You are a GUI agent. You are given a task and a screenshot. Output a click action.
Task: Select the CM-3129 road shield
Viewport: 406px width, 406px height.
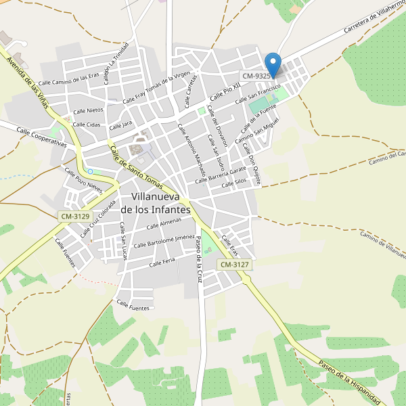74,216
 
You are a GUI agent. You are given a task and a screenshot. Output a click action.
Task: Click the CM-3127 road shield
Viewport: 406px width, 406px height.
235,265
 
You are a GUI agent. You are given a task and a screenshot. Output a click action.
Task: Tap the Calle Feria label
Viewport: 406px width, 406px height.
162,261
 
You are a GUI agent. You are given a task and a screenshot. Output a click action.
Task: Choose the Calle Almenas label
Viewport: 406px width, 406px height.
164,224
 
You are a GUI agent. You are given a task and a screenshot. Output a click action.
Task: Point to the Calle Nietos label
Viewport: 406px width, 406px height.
88,110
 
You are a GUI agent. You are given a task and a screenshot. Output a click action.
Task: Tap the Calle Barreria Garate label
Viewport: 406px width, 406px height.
220,175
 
